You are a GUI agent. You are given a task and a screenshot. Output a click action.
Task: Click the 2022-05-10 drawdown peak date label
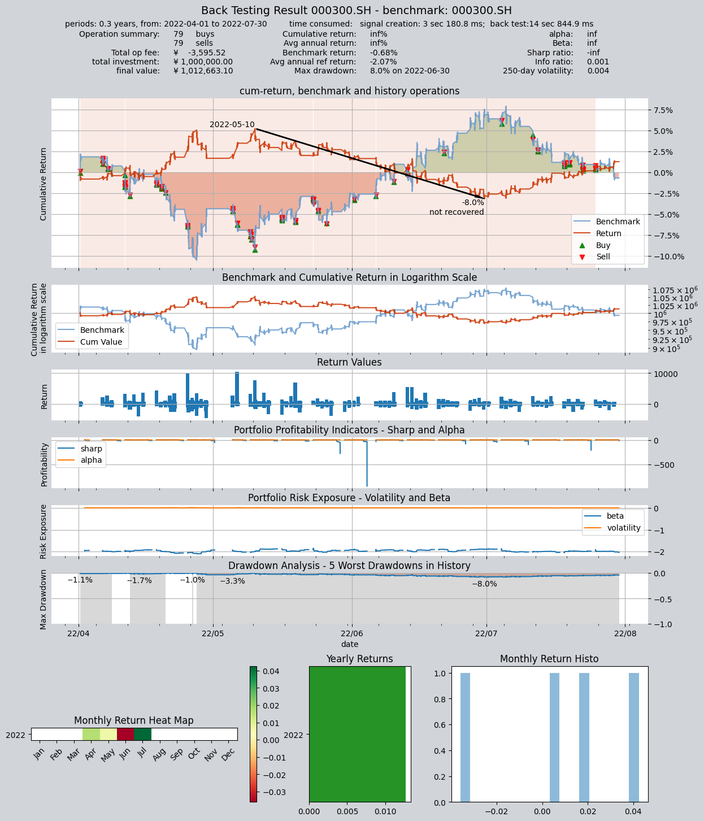(x=232, y=124)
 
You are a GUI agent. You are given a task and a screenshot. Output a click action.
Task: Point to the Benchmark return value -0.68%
(x=384, y=53)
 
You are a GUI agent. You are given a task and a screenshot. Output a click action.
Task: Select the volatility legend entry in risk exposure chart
(x=612, y=528)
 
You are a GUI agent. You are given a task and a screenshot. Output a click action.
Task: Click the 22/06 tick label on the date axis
(x=352, y=633)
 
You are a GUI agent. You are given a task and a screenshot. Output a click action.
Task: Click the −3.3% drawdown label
(x=232, y=581)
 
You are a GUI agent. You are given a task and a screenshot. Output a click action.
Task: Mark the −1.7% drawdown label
(x=140, y=580)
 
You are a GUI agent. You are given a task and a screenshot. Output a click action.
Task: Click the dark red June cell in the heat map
(x=125, y=735)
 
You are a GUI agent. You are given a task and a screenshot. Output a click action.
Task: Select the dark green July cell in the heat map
(x=142, y=735)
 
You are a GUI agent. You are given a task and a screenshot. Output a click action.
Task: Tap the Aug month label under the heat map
(x=159, y=754)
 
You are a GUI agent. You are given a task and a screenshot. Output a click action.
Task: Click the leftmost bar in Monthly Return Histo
(x=465, y=737)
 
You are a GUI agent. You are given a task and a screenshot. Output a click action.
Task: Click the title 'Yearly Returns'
(x=359, y=658)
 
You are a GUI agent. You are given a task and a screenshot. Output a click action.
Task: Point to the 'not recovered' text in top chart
(x=457, y=212)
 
